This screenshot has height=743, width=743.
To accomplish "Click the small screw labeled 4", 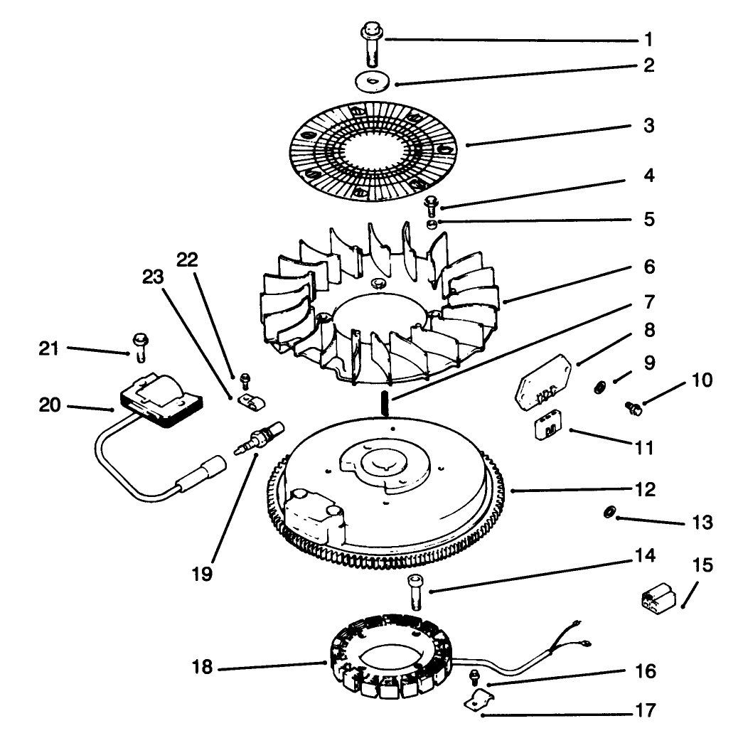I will [x=431, y=205].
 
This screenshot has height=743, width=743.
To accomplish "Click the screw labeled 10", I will [x=633, y=407].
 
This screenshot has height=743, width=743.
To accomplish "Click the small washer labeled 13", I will [x=609, y=513].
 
